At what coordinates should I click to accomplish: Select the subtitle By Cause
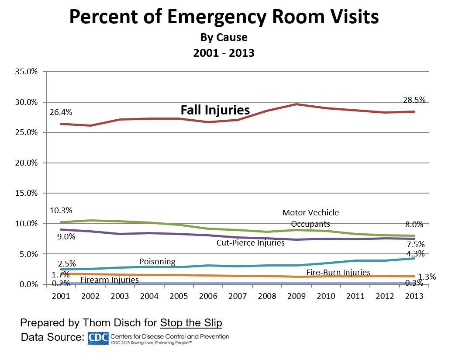pos(224,37)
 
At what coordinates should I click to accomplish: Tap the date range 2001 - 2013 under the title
pos(224,53)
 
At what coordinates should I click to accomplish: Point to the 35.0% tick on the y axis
pos(26,72)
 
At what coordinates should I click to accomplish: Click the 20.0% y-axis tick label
pos(26,163)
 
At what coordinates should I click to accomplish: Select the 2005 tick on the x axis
pos(179,296)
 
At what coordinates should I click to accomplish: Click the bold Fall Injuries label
pos(215,110)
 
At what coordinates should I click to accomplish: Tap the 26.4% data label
pos(62,112)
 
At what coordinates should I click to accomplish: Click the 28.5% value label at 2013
pos(414,100)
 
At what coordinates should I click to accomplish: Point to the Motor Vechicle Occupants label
pos(311,218)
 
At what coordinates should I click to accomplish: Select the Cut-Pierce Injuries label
pos(250,242)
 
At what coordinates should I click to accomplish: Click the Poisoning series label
pos(157,262)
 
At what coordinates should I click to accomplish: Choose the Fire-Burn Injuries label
pos(338,273)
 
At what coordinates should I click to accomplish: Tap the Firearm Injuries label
pos(110,280)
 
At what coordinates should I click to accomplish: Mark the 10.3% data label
pos(62,210)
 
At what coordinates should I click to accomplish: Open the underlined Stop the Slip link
pos(191,323)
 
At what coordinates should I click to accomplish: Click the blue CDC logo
pos(98,338)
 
